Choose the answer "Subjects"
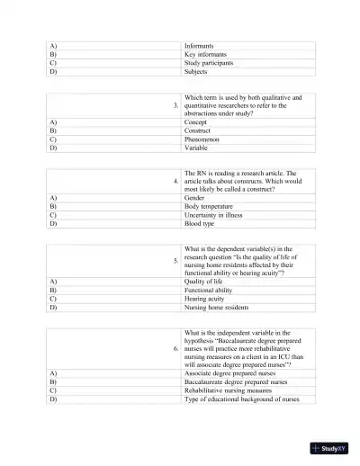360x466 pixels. coord(196,73)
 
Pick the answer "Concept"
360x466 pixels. coord(196,121)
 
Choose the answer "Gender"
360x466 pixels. coord(195,197)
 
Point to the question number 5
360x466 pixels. coord(176,262)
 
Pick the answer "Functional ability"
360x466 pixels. coord(211,290)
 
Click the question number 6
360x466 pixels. coord(176,347)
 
